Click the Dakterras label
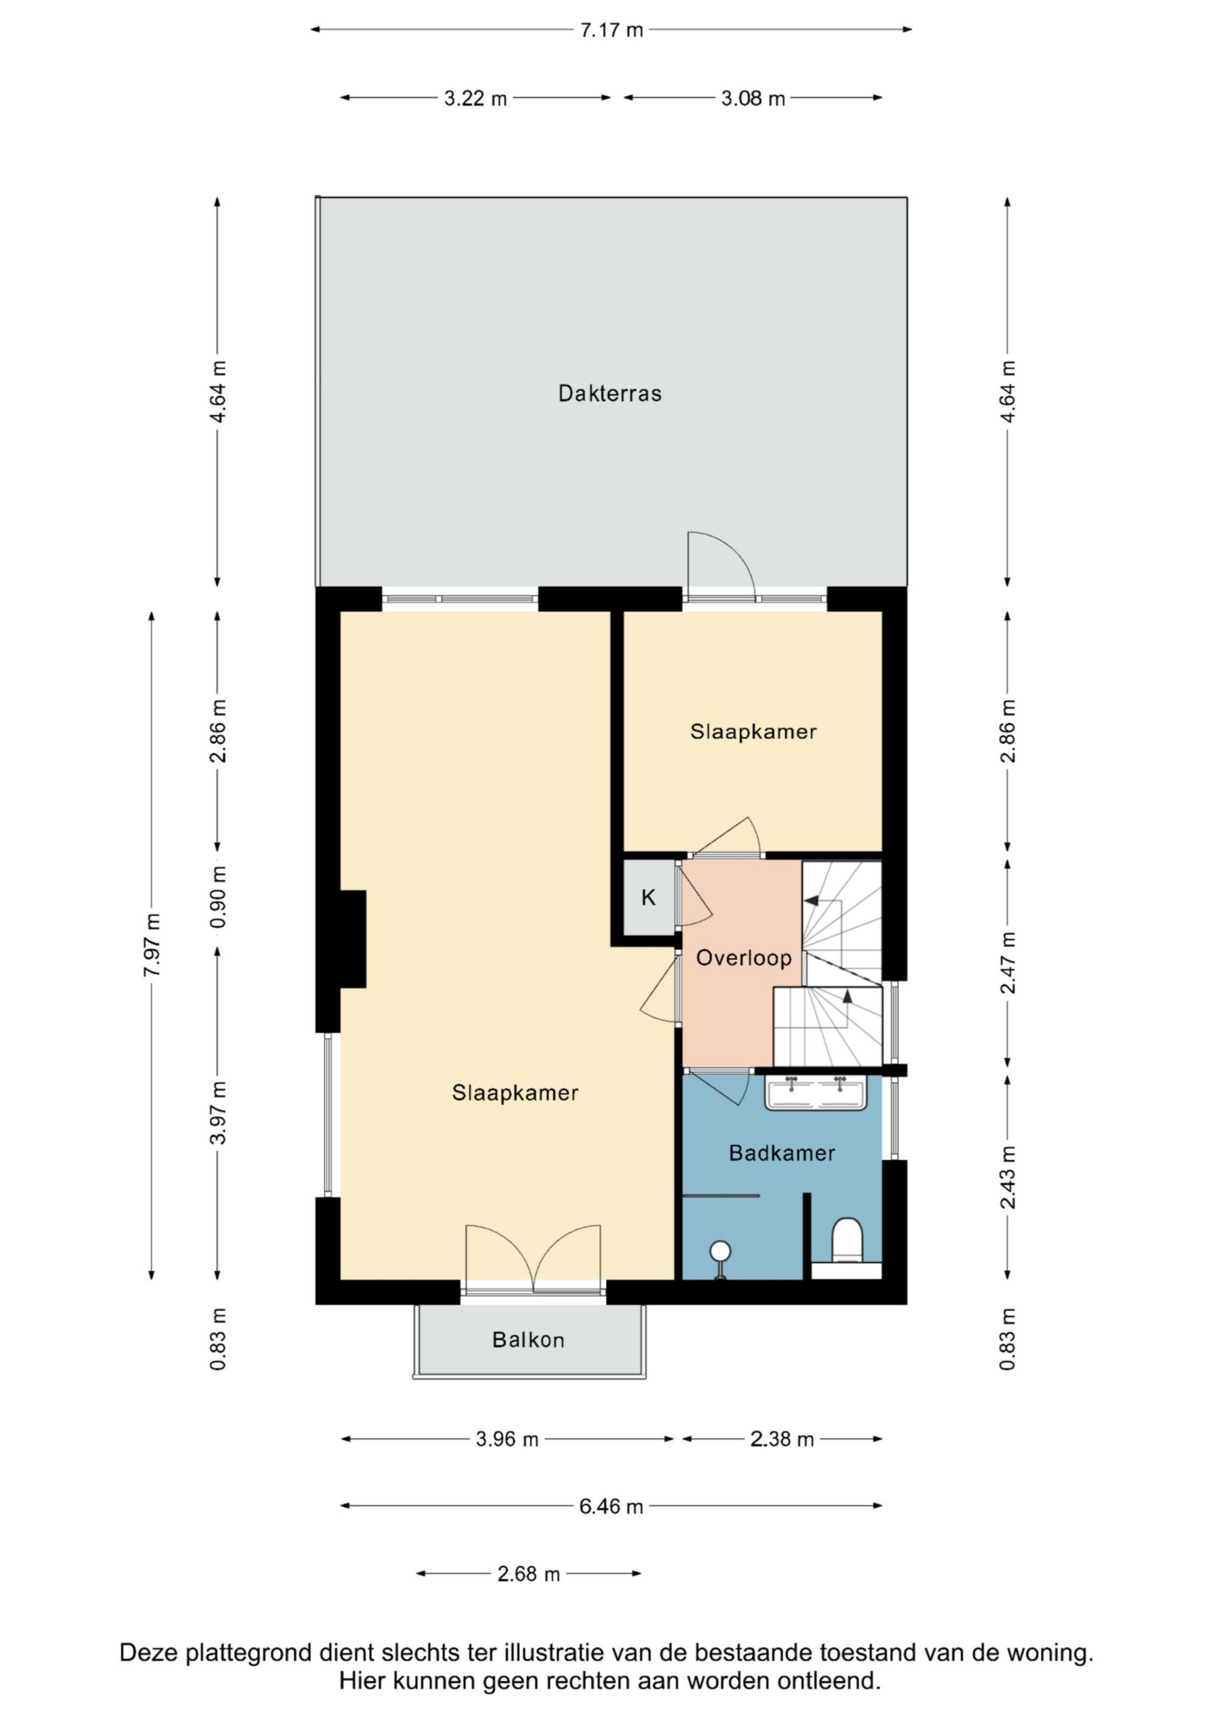coord(609,393)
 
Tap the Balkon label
coord(528,1339)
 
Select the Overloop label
coord(744,958)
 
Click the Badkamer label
coord(782,1153)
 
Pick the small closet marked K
coord(648,898)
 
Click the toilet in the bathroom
coord(847,1239)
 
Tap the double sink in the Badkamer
coord(815,1092)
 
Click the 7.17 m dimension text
coord(611,30)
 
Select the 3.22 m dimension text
coord(475,98)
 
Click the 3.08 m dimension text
coord(753,98)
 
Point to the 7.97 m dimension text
coord(152,944)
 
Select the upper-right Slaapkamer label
coord(753,731)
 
